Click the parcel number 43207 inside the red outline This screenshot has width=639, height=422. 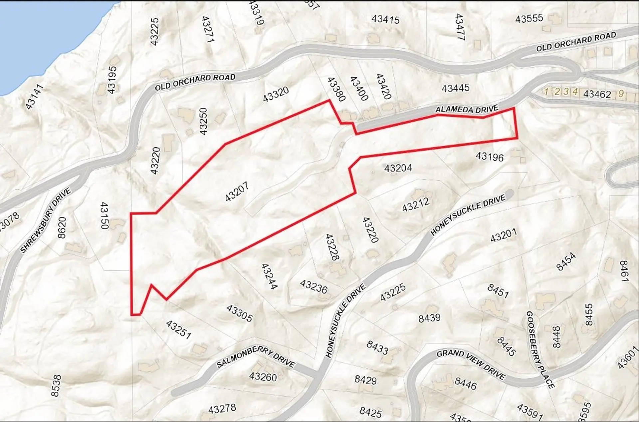(237, 192)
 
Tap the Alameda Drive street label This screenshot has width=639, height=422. (467, 109)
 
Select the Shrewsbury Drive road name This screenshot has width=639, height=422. (46, 220)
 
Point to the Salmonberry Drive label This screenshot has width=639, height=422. (256, 358)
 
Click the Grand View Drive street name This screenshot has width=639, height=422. (471, 364)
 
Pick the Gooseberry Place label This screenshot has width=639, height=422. (540, 350)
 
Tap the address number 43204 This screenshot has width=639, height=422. (398, 168)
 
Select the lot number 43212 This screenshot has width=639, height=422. (416, 205)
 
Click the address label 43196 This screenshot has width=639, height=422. (490, 157)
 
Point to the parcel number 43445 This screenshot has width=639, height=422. (456, 88)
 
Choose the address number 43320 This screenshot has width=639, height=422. (276, 94)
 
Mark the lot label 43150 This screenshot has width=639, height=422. (105, 215)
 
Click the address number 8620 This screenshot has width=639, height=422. (62, 227)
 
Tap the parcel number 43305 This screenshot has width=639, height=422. (239, 313)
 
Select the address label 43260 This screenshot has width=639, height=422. (263, 377)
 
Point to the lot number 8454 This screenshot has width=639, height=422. (566, 261)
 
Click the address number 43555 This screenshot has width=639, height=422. (529, 19)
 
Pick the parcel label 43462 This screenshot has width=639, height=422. (597, 94)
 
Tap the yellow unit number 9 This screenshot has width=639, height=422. (621, 94)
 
